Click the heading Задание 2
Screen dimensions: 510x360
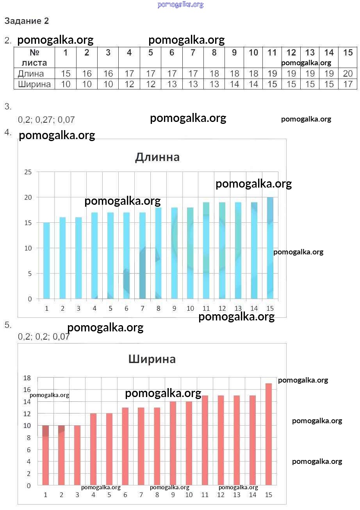[x=27, y=21]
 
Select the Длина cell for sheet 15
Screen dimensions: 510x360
[x=348, y=73]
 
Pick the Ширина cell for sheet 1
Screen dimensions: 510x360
[x=66, y=84]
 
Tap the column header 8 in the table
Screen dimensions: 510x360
[x=214, y=53]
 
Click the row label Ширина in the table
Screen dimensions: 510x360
[x=34, y=84]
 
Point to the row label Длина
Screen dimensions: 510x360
[x=31, y=73]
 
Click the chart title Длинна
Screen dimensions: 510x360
[x=157, y=157]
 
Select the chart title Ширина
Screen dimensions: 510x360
[x=152, y=359]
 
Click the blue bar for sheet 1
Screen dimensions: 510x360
[x=46, y=261]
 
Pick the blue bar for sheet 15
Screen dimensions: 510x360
[x=270, y=248]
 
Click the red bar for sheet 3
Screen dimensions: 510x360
[x=77, y=455]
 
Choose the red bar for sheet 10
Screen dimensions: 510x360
[x=189, y=443]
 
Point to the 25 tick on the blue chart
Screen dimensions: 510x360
[x=28, y=172]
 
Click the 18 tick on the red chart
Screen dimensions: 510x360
[x=27, y=378]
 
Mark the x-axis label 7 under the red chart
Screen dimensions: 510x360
[x=141, y=495]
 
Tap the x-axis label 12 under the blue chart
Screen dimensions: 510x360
[x=222, y=308]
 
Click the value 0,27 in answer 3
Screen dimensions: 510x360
[x=44, y=120]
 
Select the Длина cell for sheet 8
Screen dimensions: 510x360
[x=214, y=73]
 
